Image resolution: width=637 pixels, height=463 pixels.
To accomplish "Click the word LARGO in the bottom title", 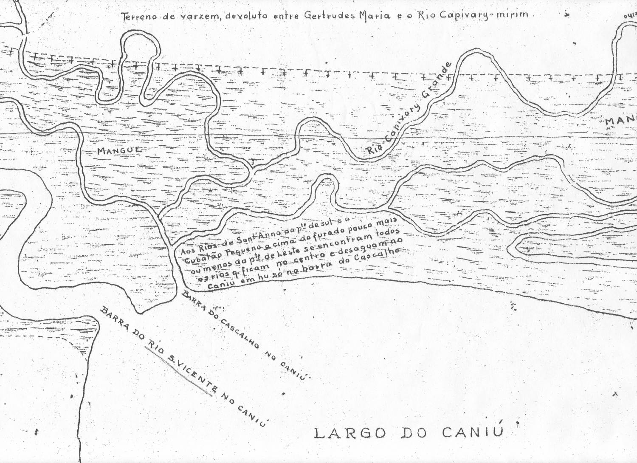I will click(350, 433).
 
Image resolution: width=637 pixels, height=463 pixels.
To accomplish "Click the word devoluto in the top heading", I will click(246, 16).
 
